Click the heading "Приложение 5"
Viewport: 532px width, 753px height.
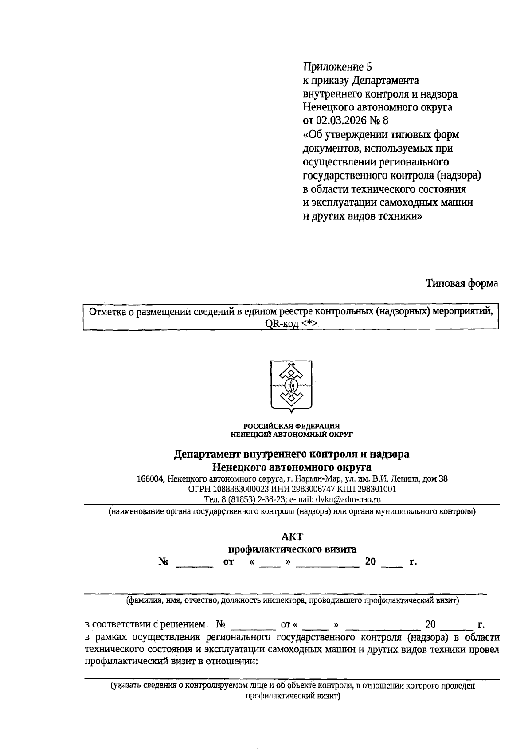(x=337, y=67)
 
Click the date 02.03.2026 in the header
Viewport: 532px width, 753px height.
(x=340, y=121)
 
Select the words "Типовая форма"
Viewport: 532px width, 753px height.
(x=462, y=283)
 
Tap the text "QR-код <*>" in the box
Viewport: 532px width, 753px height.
(x=291, y=324)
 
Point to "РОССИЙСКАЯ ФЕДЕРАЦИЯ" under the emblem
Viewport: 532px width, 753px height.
(x=292, y=426)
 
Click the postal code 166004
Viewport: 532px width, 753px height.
(x=151, y=479)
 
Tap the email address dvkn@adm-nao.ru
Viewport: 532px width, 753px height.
(x=349, y=499)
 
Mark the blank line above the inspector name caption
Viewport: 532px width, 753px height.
(x=286, y=592)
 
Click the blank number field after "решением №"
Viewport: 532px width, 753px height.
(x=253, y=626)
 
